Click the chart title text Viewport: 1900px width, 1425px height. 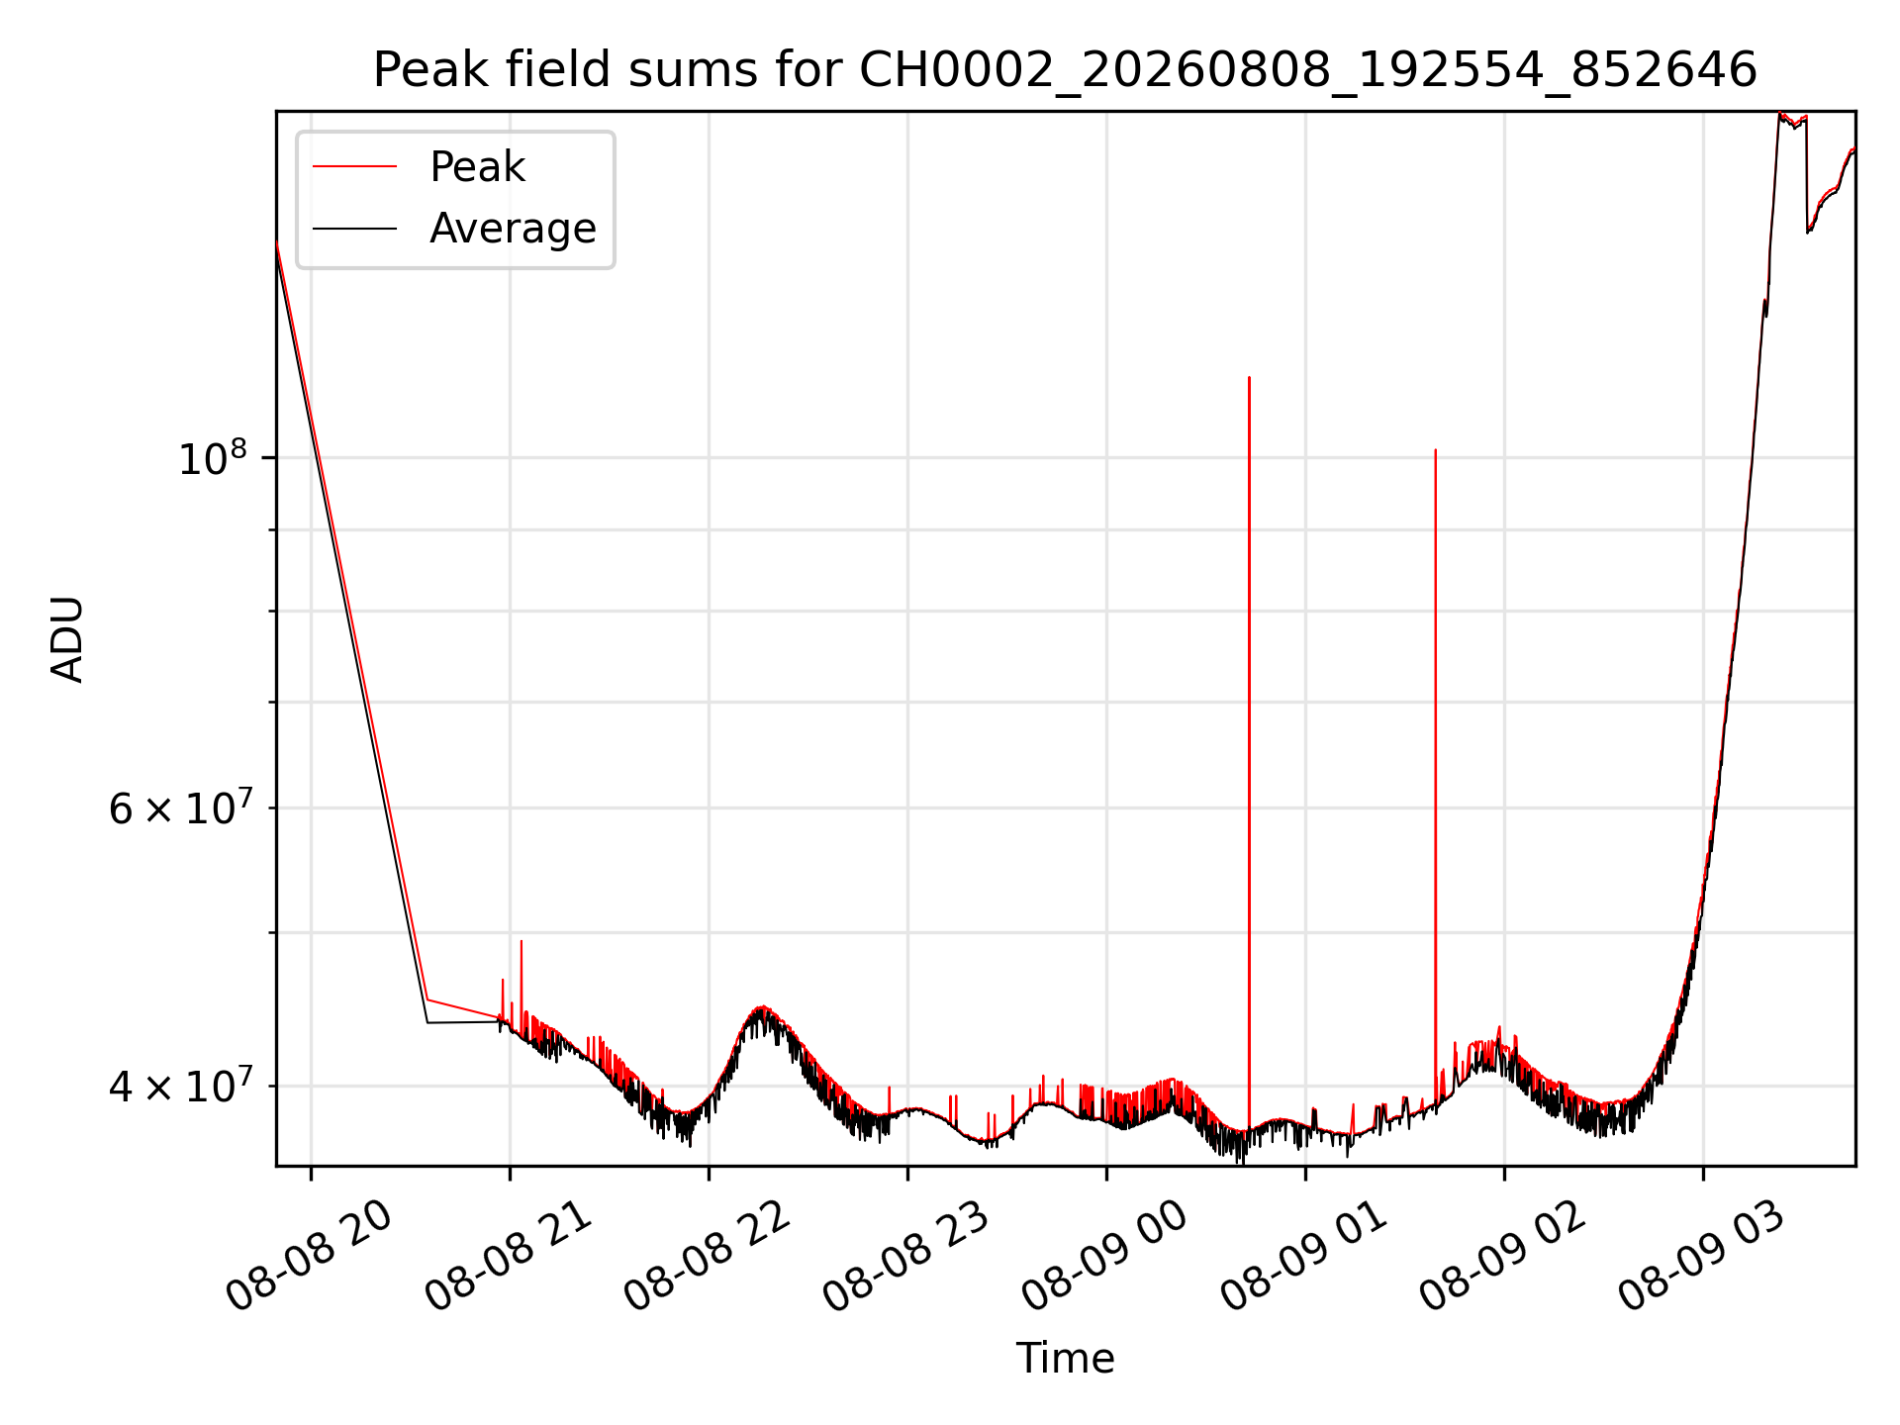(1065, 70)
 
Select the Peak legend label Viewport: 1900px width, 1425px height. (477, 167)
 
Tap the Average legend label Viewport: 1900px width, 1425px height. (513, 229)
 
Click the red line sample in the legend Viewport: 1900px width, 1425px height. (354, 167)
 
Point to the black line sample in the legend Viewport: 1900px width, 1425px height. (354, 229)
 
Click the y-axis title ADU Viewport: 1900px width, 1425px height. (67, 639)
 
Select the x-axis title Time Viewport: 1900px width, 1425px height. (1065, 1359)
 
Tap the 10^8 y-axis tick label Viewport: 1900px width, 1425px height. (212, 458)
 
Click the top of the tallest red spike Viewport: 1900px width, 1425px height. (1249, 377)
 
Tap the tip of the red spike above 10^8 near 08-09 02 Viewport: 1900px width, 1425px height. (1435, 449)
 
